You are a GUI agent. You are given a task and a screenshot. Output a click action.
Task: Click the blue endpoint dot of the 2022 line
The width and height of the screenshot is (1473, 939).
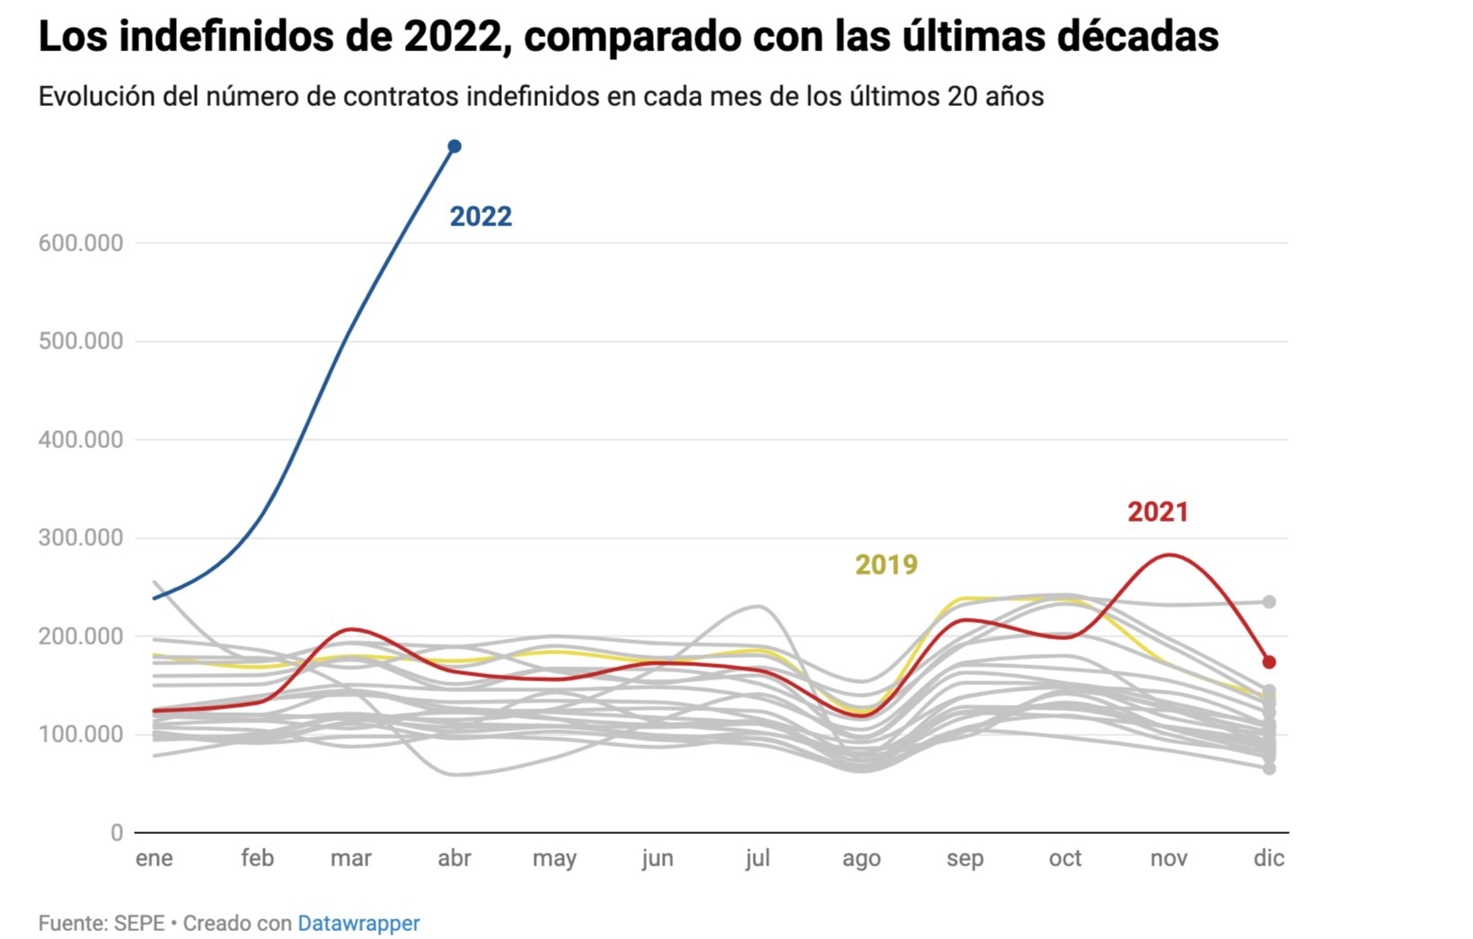click(454, 146)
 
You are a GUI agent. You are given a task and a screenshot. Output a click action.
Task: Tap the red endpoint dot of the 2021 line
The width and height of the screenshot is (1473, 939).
click(1269, 663)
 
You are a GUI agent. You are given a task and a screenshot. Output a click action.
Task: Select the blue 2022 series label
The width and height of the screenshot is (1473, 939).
click(481, 216)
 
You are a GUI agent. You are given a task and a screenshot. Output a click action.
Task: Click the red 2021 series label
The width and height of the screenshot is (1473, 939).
click(1158, 512)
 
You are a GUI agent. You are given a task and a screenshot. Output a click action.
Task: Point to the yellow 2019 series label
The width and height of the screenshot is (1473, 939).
click(886, 565)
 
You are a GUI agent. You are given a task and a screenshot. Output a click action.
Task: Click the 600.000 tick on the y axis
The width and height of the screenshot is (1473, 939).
click(81, 243)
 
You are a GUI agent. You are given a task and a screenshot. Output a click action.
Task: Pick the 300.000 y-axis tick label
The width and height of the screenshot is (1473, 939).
click(81, 538)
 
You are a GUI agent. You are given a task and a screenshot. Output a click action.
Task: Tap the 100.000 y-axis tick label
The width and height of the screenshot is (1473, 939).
click(81, 734)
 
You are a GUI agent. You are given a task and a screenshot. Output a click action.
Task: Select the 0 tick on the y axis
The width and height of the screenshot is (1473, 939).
click(117, 833)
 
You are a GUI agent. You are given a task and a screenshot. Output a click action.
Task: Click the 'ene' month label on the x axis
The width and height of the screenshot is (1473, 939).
click(154, 858)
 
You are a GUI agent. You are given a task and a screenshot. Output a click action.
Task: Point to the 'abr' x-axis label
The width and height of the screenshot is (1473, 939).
click(454, 858)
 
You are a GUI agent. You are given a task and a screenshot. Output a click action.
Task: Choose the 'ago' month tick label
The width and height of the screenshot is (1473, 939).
click(861, 859)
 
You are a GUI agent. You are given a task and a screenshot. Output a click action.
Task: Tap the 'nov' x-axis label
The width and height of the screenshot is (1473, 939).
click(1169, 858)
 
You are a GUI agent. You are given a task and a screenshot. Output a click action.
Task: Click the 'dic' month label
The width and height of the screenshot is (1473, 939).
click(1269, 858)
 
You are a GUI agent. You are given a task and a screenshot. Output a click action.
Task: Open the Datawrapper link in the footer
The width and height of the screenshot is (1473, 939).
click(358, 923)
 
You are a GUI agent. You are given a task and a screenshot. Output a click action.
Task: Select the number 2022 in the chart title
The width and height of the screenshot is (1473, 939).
click(452, 37)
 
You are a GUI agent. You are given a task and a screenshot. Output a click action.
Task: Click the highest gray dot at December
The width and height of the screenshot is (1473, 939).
click(1269, 602)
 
